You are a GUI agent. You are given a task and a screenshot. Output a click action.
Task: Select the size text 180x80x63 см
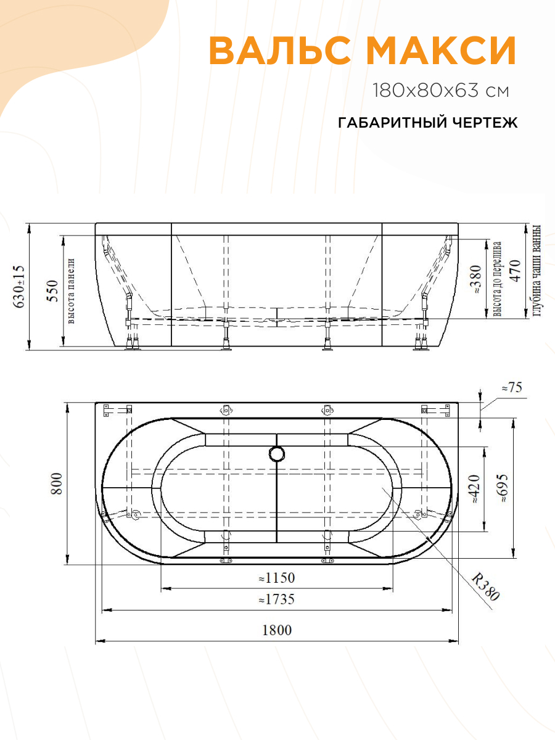pyautogui.click(x=441, y=91)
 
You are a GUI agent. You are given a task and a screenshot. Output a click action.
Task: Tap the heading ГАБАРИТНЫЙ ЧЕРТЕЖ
pyautogui.click(x=427, y=123)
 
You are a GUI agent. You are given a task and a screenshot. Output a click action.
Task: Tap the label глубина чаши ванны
pyautogui.click(x=536, y=269)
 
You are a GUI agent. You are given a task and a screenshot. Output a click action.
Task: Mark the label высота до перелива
pyautogui.click(x=497, y=279)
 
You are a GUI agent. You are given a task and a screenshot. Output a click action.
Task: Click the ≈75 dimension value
pyautogui.click(x=511, y=388)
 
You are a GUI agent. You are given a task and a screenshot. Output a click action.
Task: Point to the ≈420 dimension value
pyautogui.click(x=474, y=489)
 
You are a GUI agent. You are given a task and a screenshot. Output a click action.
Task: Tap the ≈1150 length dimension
pyautogui.click(x=276, y=578)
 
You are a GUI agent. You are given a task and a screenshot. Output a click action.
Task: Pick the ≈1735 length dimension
pyautogui.click(x=276, y=599)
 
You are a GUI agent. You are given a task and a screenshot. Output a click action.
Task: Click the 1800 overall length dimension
pyautogui.click(x=276, y=630)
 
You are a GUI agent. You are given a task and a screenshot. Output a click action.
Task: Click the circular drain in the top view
pyautogui.click(x=276, y=454)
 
